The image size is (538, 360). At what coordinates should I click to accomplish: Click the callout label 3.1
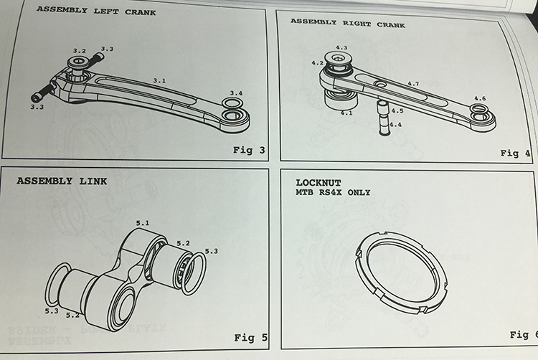[x=159, y=81]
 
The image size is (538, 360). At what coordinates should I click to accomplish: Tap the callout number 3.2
[x=79, y=51]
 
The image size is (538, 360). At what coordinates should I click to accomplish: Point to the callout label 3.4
[x=236, y=93]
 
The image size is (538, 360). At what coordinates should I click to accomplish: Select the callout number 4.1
[x=346, y=113]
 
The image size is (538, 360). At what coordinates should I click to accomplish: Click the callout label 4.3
[x=341, y=47]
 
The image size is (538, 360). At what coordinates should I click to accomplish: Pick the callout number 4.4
[x=395, y=125]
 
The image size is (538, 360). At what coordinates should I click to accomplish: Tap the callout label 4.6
[x=480, y=98]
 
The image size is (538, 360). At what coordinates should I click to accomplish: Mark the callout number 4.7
[x=412, y=84]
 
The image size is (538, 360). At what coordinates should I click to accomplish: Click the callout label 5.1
[x=143, y=223]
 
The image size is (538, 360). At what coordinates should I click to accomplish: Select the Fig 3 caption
[x=249, y=149]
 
